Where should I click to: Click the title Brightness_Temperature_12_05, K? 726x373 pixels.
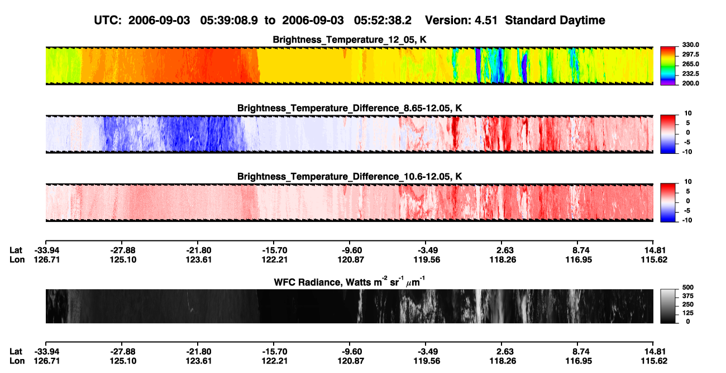point(350,40)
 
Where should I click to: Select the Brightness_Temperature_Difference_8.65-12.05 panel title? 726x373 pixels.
point(350,108)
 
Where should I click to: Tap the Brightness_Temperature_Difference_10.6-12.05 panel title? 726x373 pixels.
point(350,177)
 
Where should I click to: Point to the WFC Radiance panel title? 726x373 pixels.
point(350,282)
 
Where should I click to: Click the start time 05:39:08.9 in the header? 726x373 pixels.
point(229,21)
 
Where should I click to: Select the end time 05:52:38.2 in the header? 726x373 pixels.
point(383,21)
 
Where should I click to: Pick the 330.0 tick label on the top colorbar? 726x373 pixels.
point(690,45)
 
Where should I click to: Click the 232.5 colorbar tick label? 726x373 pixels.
point(690,74)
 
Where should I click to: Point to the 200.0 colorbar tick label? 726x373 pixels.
point(690,83)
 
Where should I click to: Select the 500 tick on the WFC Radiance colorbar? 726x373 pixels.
point(688,287)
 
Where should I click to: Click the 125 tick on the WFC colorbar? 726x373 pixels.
point(688,313)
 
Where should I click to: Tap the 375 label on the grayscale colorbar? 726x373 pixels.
point(688,296)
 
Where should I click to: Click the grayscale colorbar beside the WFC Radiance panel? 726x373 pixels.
point(668,306)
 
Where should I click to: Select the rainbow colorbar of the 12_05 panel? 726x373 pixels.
point(668,66)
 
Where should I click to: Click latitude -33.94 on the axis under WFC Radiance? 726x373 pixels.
point(47,352)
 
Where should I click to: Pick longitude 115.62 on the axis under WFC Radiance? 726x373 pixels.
point(654,361)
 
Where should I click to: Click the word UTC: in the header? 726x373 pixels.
point(108,21)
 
